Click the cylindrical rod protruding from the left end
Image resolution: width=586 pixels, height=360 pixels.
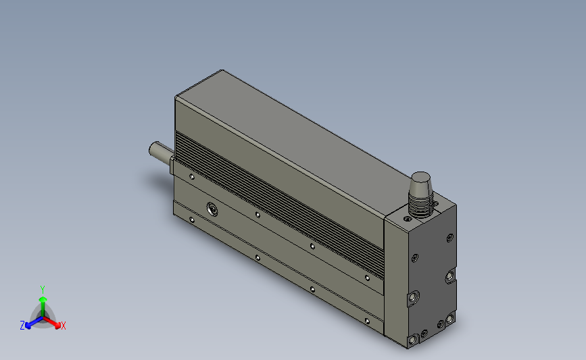[x=161, y=151]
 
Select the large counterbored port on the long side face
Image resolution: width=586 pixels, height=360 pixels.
[x=212, y=209]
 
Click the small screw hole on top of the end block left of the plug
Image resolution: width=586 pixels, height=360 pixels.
[x=408, y=219]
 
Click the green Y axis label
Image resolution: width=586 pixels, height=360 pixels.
[x=42, y=290]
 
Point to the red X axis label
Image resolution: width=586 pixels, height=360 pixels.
[x=63, y=326]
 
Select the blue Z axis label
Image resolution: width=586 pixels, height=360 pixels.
[x=22, y=326]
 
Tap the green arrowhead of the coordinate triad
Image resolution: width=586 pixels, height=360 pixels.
[x=43, y=299]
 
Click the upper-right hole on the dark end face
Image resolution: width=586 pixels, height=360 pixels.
[x=450, y=238]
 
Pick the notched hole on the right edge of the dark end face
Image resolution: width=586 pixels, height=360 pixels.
[x=450, y=277]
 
